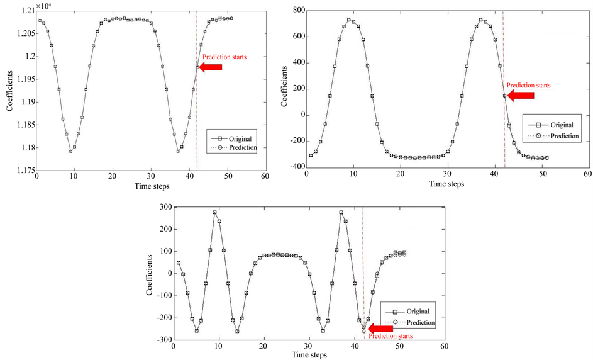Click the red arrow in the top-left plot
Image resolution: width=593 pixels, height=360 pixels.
(x=211, y=67)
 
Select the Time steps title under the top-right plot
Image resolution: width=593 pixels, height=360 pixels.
(x=446, y=184)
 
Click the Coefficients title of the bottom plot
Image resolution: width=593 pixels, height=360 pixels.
(x=150, y=274)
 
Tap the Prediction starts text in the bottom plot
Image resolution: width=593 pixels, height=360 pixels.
(x=391, y=337)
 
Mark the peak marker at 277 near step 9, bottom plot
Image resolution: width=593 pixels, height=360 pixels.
(x=215, y=213)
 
